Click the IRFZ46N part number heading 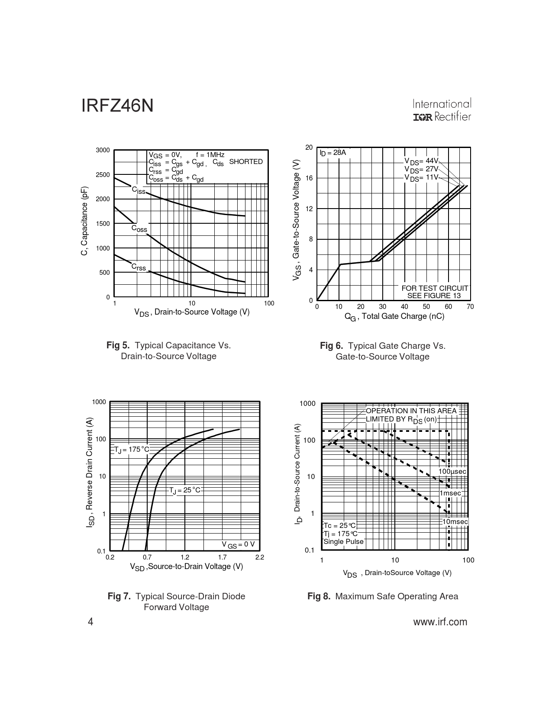117,106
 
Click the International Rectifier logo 442,111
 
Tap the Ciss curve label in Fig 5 139,190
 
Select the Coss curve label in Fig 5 139,228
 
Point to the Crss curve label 139,267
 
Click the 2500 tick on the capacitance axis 103,175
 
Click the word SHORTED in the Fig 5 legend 246,162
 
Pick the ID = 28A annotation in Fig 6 332,153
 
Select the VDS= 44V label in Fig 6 422,161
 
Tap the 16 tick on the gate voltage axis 309,178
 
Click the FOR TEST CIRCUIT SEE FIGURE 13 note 435,292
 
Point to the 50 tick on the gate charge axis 426,307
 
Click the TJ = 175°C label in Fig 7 132,450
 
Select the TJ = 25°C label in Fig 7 185,490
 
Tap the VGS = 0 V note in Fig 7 238,544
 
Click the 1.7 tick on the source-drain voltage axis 223,557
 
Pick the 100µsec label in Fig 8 452,471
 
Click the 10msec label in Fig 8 455,522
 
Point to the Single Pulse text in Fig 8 344,542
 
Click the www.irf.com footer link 440,622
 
